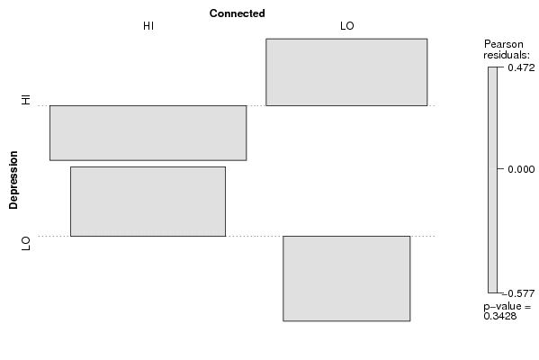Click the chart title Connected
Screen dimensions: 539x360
point(237,13)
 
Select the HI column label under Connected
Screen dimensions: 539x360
point(148,26)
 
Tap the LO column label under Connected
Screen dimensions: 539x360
point(346,26)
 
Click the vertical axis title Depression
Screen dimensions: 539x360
point(13,180)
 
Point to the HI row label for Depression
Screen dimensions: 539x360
point(26,99)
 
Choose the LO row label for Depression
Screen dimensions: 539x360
point(26,243)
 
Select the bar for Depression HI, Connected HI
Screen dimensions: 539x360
point(148,133)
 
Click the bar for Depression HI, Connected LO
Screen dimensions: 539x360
point(346,72)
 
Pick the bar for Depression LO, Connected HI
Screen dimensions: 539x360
point(148,202)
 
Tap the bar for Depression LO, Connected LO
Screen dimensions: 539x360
point(346,278)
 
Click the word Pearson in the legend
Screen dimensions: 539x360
point(504,44)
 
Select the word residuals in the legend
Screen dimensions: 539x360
point(507,55)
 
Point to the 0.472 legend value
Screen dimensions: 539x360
point(521,67)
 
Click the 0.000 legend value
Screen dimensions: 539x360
point(521,169)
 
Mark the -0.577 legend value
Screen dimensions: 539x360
point(518,293)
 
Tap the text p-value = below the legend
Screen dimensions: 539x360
point(507,306)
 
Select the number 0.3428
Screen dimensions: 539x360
point(500,316)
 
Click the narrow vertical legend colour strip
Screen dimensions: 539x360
point(492,180)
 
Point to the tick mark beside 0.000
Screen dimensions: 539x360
point(500,169)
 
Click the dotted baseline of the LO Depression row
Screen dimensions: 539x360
point(237,236)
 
